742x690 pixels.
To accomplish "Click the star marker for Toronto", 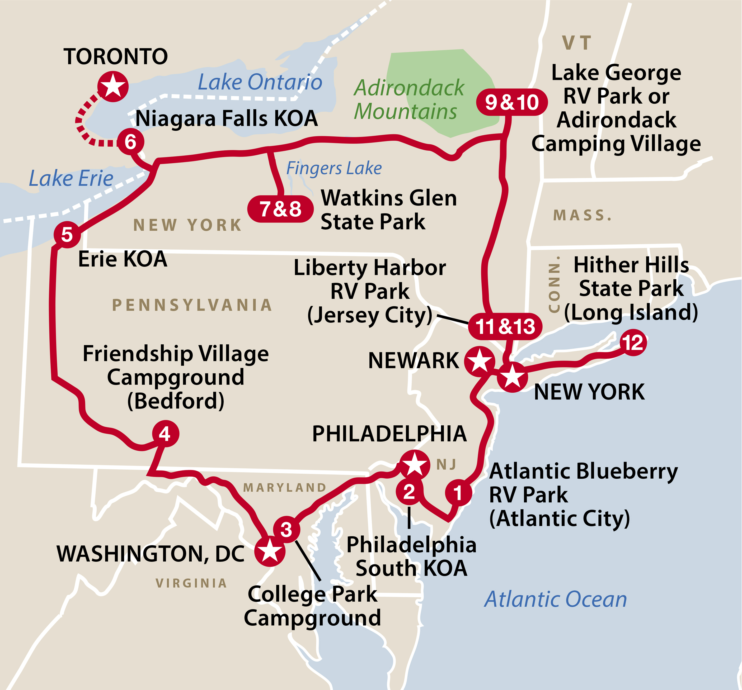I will click(x=113, y=87).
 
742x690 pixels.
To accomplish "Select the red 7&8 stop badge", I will click(x=280, y=209).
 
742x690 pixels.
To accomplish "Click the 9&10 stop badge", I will click(x=512, y=102).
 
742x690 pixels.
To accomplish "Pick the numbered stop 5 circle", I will click(x=67, y=235).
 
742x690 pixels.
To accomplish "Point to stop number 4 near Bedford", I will click(x=165, y=434).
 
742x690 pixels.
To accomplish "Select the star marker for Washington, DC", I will click(x=270, y=551).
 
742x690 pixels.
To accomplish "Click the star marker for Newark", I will click(x=480, y=361).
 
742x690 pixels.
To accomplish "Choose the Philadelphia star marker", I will click(x=414, y=465).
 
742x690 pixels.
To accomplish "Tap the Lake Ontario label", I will click(x=260, y=82).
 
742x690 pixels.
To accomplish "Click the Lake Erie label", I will click(x=71, y=178).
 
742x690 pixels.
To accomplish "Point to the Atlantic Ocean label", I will click(x=555, y=600).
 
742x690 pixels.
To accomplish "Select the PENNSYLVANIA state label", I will click(x=192, y=305).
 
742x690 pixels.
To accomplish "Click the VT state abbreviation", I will click(x=577, y=43).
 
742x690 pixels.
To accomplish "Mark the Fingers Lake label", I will click(x=334, y=168).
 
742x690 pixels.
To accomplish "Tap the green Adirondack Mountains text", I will click(x=409, y=99).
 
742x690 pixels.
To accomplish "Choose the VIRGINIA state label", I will click(x=191, y=583).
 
